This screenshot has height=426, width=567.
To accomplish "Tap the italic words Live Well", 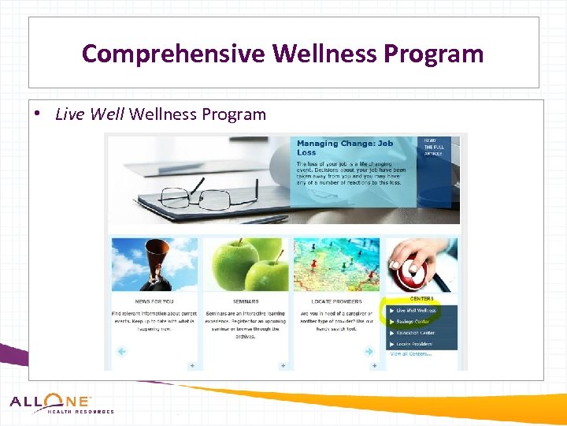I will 90,114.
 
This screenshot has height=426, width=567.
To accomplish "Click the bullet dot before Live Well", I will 38,114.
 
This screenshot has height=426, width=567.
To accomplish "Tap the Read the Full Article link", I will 434,147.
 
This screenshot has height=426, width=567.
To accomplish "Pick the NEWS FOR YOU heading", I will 154,301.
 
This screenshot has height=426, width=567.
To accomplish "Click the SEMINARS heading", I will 246,301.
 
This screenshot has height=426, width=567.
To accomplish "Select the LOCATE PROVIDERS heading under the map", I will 336,301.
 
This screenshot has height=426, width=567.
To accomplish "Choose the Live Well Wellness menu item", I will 417,311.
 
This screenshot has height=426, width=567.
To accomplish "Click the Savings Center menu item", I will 413,322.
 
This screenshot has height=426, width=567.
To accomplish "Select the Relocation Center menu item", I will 415,333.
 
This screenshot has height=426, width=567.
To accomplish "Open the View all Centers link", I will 411,354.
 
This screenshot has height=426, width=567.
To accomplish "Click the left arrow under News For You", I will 121,352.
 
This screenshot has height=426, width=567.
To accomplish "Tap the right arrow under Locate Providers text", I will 369,352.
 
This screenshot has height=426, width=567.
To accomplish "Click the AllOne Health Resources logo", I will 61,404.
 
